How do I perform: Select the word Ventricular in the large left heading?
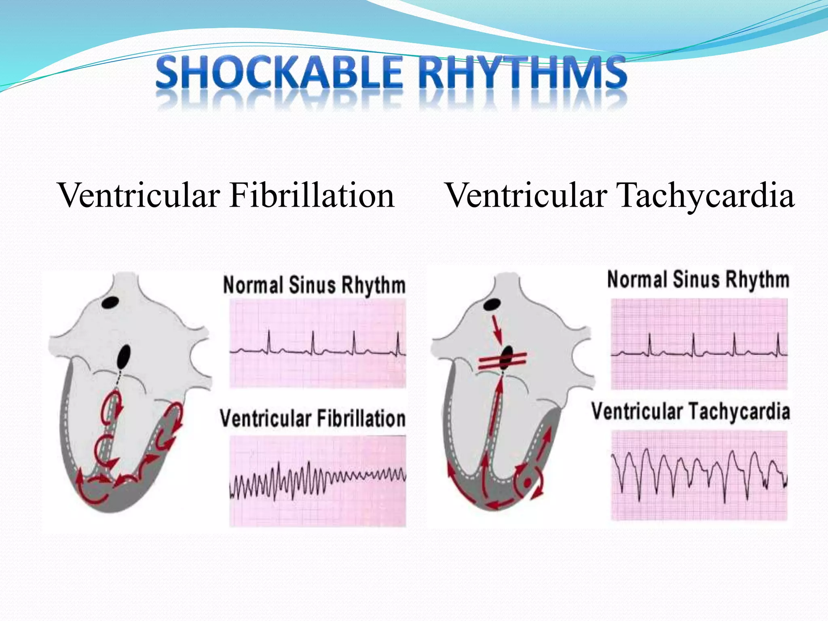[x=139, y=196]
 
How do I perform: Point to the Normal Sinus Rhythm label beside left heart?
[x=314, y=285]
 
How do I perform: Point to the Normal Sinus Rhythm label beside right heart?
[x=698, y=280]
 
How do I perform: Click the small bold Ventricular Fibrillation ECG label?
[x=313, y=418]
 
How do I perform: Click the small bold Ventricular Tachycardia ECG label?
[x=691, y=412]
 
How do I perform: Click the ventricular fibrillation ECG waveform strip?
[x=318, y=481]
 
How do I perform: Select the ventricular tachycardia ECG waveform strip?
[x=699, y=475]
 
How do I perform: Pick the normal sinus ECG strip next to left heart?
[x=318, y=344]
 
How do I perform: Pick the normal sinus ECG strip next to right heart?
[x=699, y=344]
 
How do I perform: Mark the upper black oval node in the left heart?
[x=110, y=302]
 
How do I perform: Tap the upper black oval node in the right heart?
[x=492, y=304]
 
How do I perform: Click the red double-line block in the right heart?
[x=502, y=360]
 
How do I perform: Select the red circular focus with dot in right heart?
[x=527, y=482]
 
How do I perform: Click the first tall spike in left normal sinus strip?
[x=269, y=342]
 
